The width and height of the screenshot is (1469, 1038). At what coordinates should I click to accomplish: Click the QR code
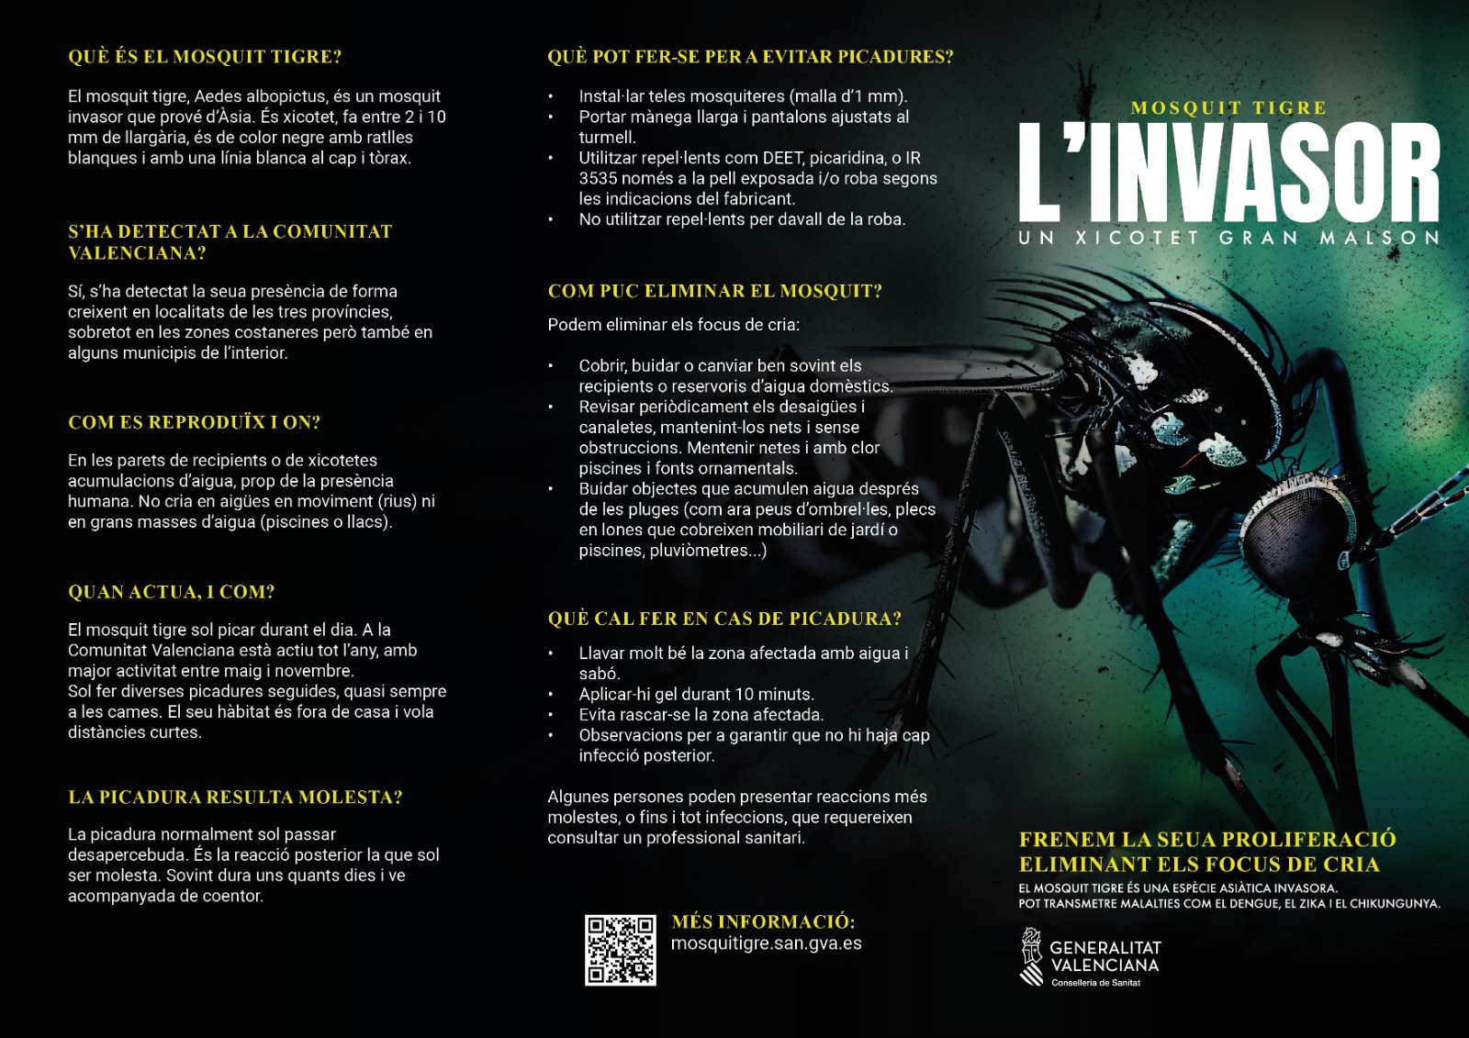click(621, 950)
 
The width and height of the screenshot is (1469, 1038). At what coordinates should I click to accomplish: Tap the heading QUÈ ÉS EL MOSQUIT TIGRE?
click(205, 57)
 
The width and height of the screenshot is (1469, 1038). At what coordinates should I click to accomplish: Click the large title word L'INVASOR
click(1228, 174)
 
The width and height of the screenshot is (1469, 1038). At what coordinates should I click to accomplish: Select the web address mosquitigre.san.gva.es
click(766, 943)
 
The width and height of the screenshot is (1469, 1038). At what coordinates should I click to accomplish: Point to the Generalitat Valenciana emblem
click(1032, 955)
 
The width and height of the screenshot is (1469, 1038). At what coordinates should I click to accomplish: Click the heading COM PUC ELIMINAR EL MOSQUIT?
click(714, 292)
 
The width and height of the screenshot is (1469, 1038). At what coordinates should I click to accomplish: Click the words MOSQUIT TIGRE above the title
click(1228, 108)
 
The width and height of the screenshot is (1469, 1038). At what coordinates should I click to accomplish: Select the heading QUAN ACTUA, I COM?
click(171, 592)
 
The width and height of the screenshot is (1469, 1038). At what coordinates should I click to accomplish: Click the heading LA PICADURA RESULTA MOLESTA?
click(235, 798)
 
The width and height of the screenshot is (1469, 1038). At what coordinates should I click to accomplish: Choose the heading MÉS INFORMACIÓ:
click(763, 921)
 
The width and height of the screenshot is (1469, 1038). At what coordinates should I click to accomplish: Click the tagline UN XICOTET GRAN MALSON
click(1228, 238)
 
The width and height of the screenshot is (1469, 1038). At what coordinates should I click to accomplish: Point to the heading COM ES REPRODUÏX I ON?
click(194, 422)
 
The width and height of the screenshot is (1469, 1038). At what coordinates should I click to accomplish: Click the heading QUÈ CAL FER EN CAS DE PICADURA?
click(724, 619)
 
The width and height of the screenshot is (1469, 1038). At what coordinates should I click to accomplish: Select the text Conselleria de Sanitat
click(1095, 983)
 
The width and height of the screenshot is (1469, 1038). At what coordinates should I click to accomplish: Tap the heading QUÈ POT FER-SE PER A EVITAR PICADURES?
click(750, 57)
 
